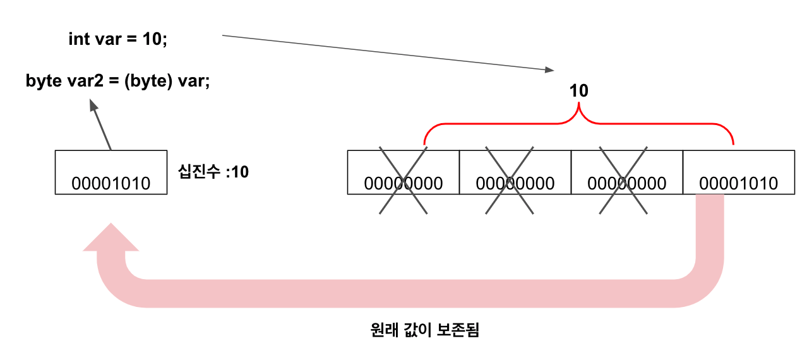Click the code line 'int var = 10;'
coord(117,39)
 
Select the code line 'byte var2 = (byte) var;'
coord(117,81)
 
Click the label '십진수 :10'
coord(214,172)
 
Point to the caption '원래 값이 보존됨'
coord(426,330)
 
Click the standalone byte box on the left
coord(111,172)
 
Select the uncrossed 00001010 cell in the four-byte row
coord(738,172)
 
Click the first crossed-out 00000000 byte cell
coord(403,172)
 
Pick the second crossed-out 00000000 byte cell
coord(515,172)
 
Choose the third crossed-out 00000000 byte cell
coord(626,172)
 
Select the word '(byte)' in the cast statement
coord(148,81)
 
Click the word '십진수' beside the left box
coord(198,172)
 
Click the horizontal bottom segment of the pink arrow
coord(404,293)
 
